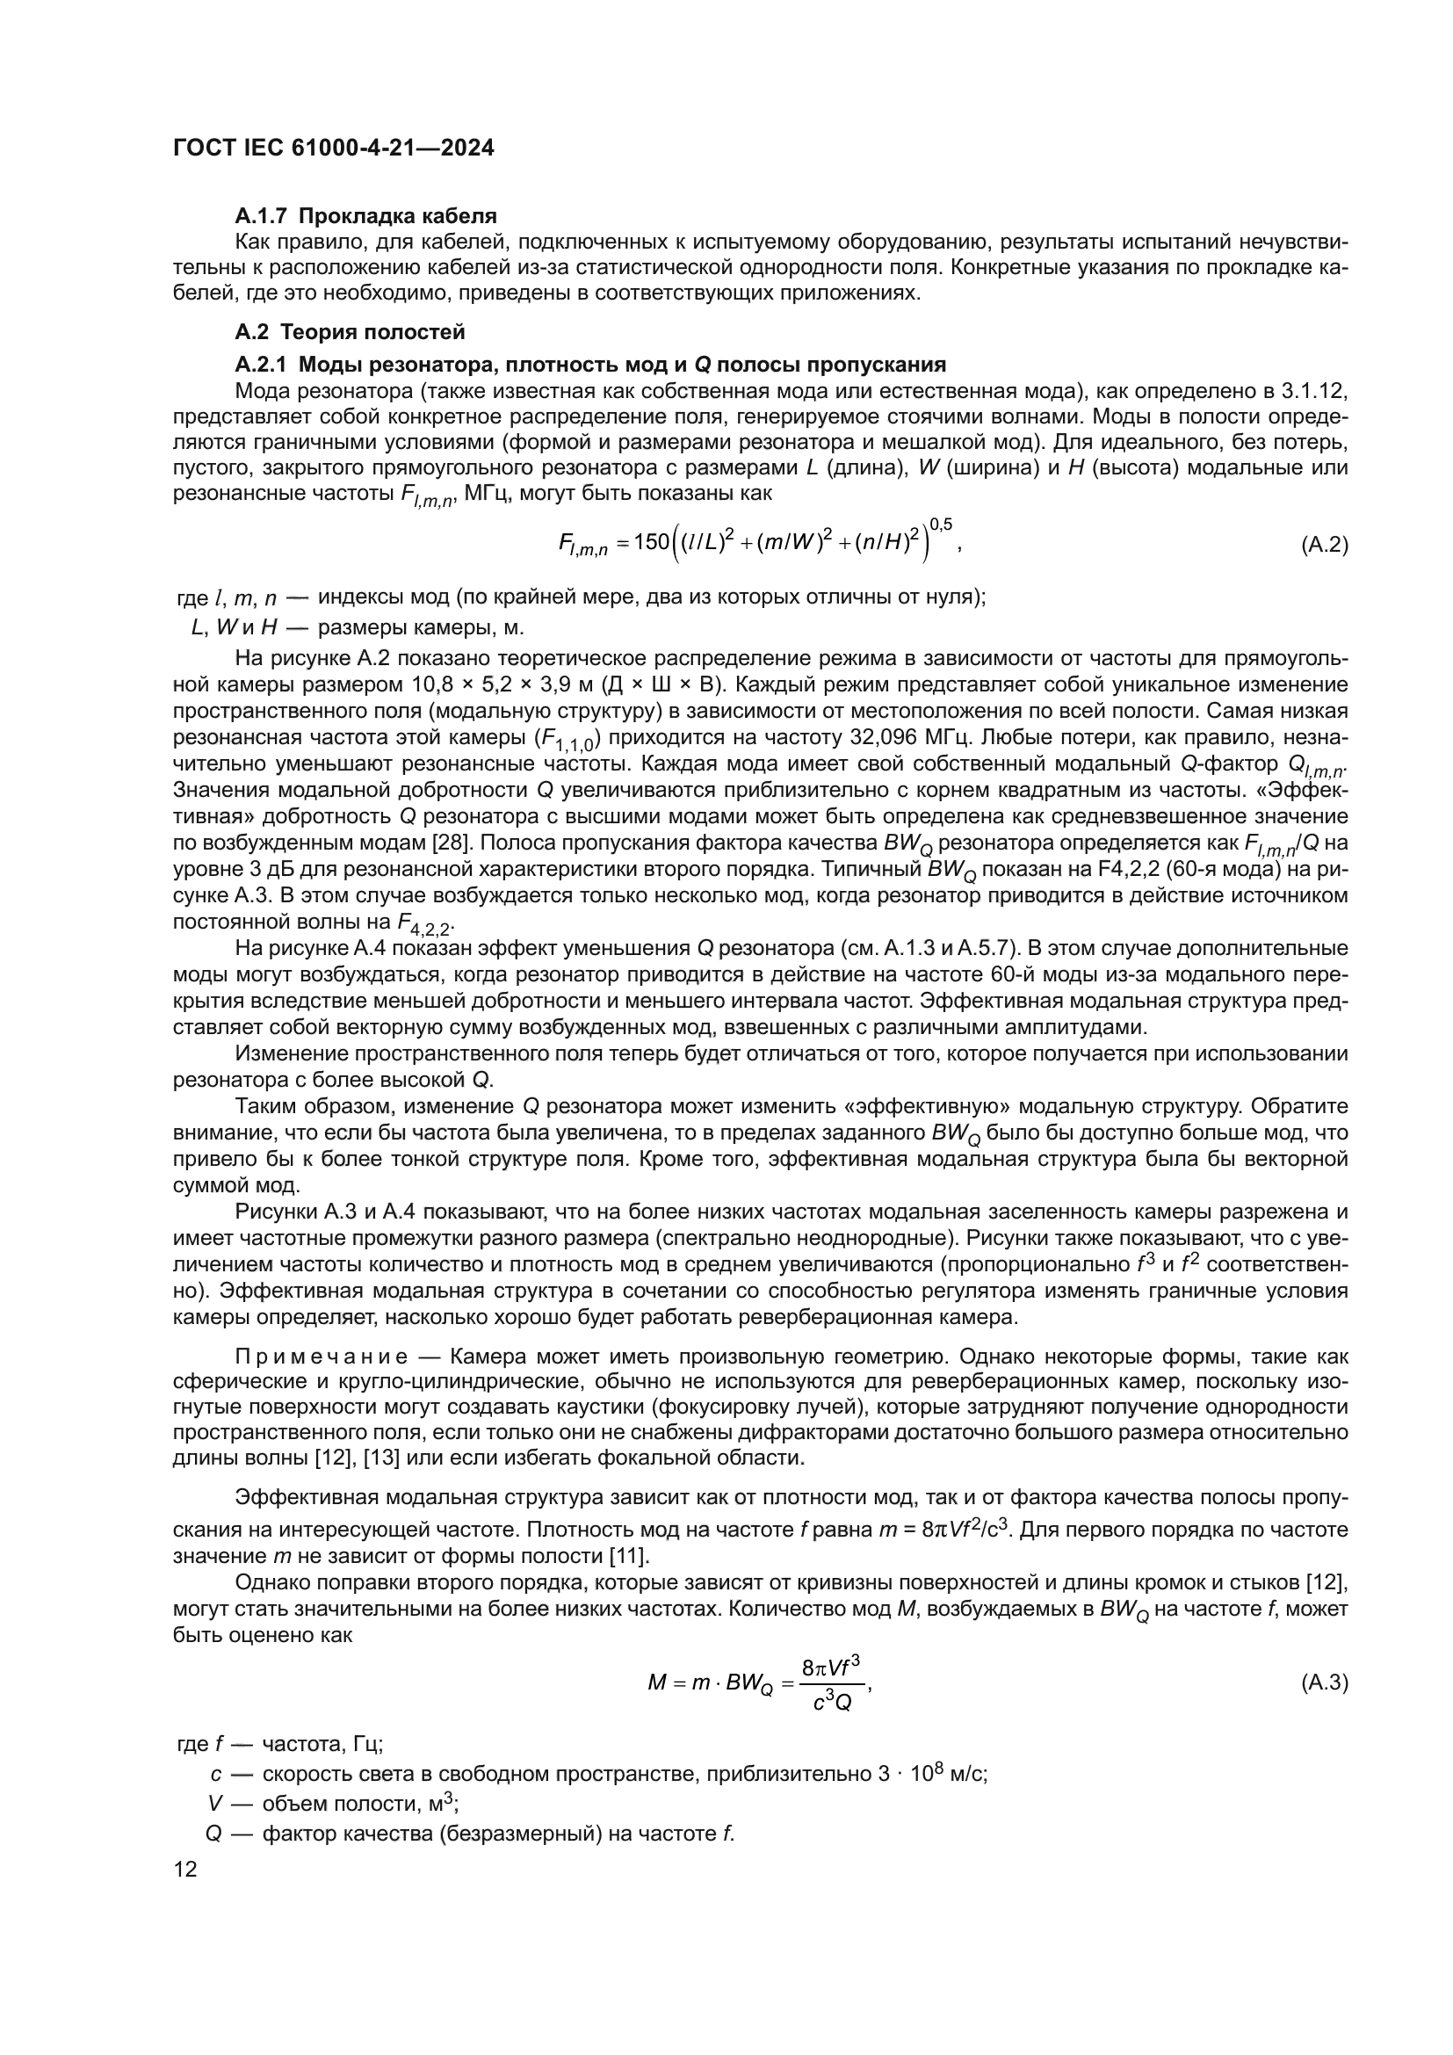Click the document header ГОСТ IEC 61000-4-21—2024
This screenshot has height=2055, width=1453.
tap(333, 148)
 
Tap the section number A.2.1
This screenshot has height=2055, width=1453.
tap(263, 365)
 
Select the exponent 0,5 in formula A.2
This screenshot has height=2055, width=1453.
tap(940, 524)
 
